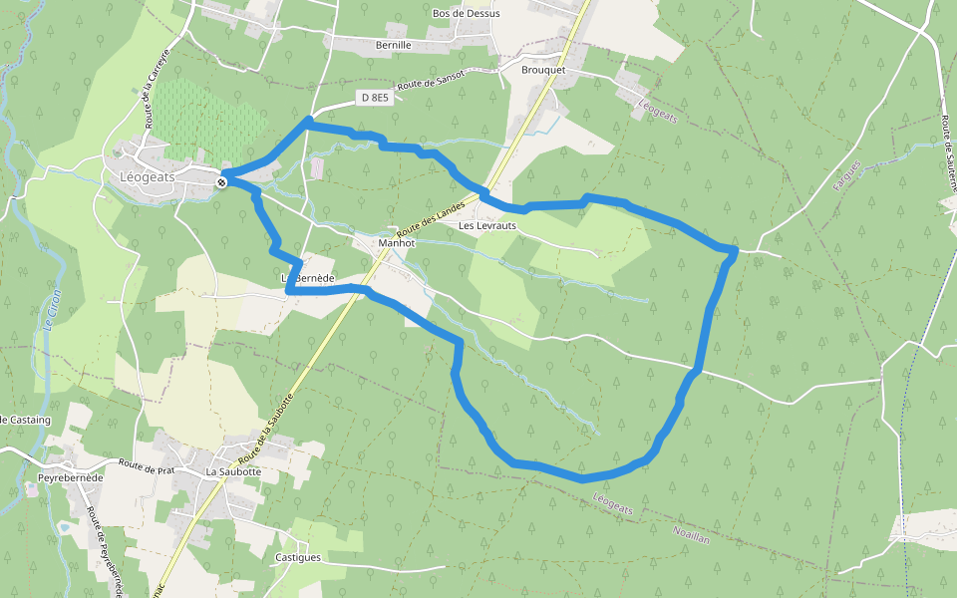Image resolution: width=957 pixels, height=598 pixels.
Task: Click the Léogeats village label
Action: click(147, 176)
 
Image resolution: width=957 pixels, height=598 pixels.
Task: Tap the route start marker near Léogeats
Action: click(221, 181)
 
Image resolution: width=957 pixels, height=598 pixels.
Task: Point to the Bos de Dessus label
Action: click(466, 14)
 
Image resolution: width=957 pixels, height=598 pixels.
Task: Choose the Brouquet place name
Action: click(543, 71)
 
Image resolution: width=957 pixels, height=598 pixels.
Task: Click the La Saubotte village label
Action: click(233, 470)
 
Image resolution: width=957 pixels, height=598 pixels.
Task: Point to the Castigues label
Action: click(297, 557)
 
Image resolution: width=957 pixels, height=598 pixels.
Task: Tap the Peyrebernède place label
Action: click(70, 478)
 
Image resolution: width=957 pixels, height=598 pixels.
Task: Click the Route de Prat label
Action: click(146, 464)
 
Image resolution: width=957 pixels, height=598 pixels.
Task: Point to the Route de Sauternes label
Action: click(948, 154)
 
